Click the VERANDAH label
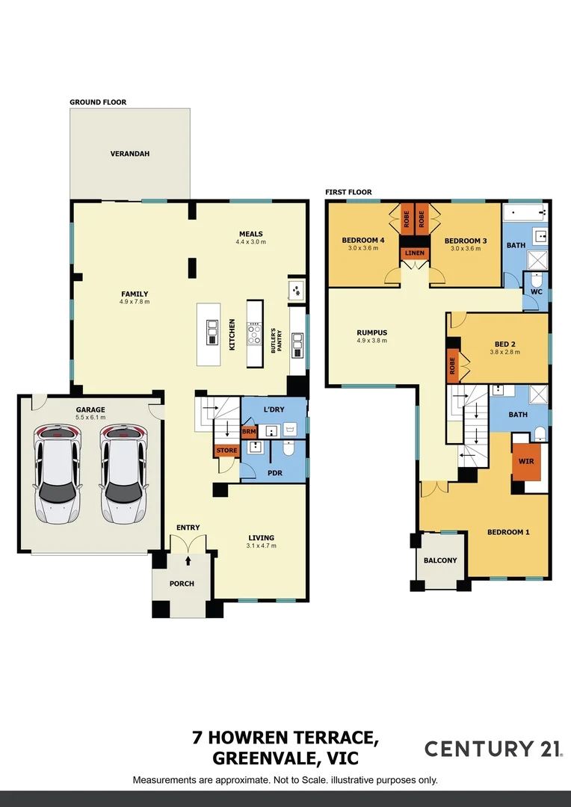(x=130, y=153)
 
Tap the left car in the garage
(x=58, y=474)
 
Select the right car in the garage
(x=123, y=474)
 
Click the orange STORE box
(x=226, y=451)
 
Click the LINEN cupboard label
(x=415, y=253)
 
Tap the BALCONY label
(x=440, y=560)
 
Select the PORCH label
(x=182, y=584)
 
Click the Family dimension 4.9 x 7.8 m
(x=135, y=302)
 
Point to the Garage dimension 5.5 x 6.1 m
(x=90, y=418)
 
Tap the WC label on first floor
(x=536, y=291)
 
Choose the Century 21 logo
(x=494, y=749)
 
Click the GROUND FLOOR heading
(x=98, y=102)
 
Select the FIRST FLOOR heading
(x=348, y=192)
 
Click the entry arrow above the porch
(x=188, y=560)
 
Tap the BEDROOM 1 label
(x=508, y=532)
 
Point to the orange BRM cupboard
(x=248, y=433)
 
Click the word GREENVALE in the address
(x=259, y=758)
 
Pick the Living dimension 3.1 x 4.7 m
(x=262, y=545)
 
